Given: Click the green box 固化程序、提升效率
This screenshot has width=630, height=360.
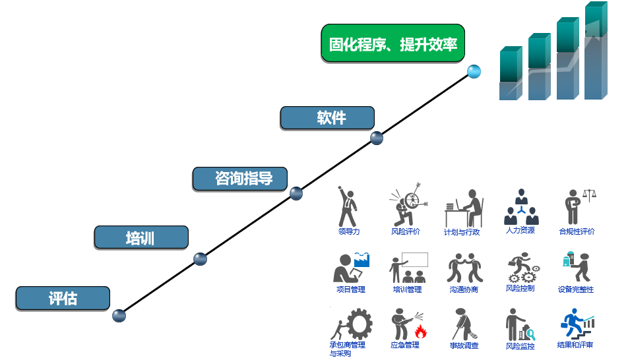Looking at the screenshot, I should pyautogui.click(x=393, y=44).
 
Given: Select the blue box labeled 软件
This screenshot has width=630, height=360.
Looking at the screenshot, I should pyautogui.click(x=327, y=118).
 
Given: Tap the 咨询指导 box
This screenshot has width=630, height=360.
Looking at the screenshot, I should pyautogui.click(x=241, y=178).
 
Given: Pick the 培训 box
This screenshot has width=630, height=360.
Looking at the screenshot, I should pyautogui.click(x=141, y=237).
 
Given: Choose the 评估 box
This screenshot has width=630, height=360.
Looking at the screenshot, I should pyautogui.click(x=63, y=298).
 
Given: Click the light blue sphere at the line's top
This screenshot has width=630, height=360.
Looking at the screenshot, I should pyautogui.click(x=473, y=71).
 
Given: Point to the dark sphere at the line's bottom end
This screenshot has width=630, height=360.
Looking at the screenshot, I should pyautogui.click(x=119, y=316).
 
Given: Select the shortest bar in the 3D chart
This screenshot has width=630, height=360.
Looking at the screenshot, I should pyautogui.click(x=511, y=73).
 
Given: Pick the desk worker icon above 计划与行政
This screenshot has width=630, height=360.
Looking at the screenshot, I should pyautogui.click(x=463, y=208).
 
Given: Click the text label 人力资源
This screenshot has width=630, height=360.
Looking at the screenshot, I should pyautogui.click(x=520, y=231).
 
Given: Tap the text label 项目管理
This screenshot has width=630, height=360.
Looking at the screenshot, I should pyautogui.click(x=350, y=289).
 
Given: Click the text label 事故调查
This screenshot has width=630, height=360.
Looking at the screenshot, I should pyautogui.click(x=464, y=345).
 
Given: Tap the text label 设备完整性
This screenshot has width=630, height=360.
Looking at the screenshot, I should pyautogui.click(x=576, y=289).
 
